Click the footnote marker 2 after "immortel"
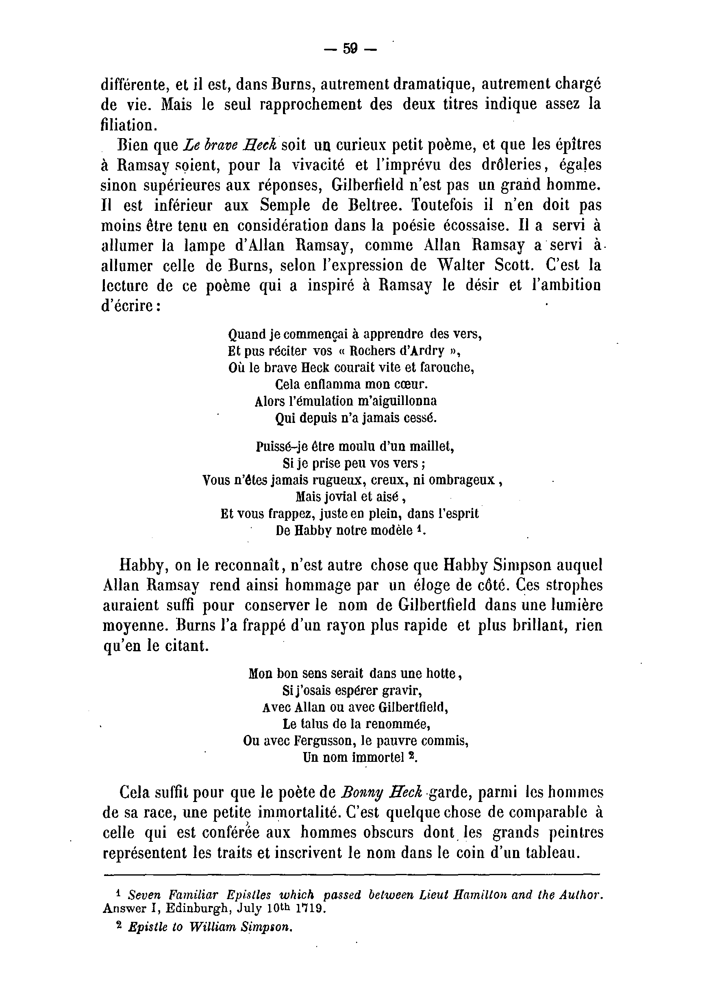[x=411, y=756]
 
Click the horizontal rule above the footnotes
[x=351, y=875]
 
